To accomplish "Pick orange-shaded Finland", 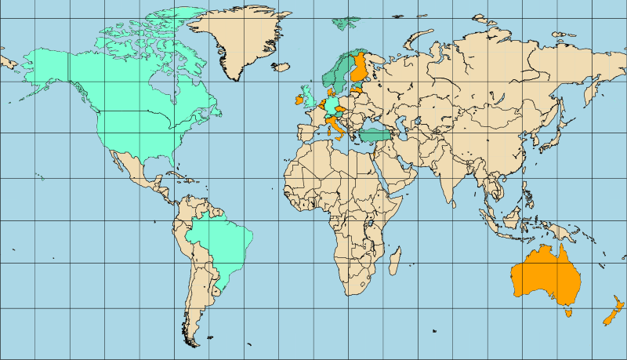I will click(361, 69).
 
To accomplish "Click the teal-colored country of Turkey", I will click(375, 136).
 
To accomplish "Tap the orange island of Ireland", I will click(299, 100).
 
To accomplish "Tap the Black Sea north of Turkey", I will click(376, 125).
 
